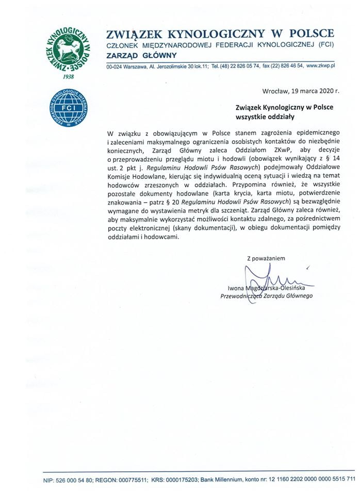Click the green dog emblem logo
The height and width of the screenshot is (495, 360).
point(69,49)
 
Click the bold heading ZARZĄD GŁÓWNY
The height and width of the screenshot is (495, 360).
point(141,55)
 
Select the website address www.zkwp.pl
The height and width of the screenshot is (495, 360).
point(321,67)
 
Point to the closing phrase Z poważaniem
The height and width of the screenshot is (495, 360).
point(266,258)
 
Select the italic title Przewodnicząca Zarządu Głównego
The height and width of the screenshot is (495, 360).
point(266,296)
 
